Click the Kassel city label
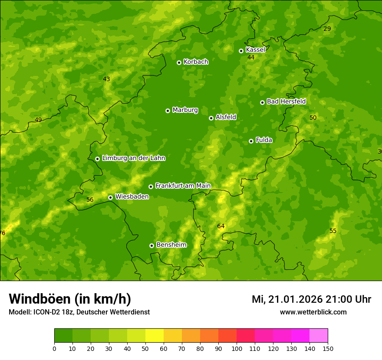(x=255, y=50)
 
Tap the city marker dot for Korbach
(x=179, y=62)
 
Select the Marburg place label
(x=185, y=110)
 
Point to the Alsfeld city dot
(x=211, y=118)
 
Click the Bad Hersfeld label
(x=286, y=101)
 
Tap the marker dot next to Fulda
(x=251, y=141)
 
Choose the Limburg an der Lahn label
(x=133, y=158)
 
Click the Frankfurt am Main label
(x=183, y=186)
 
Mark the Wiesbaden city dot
(x=110, y=197)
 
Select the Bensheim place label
(x=171, y=245)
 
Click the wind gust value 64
(x=221, y=226)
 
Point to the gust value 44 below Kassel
(x=251, y=58)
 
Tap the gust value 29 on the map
(x=327, y=29)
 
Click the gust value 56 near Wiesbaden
(x=90, y=200)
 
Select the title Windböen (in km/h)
(x=70, y=299)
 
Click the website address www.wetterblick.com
(x=313, y=312)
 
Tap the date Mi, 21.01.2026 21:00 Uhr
(x=311, y=299)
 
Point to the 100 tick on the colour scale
(x=237, y=349)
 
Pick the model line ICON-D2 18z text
(x=79, y=312)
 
